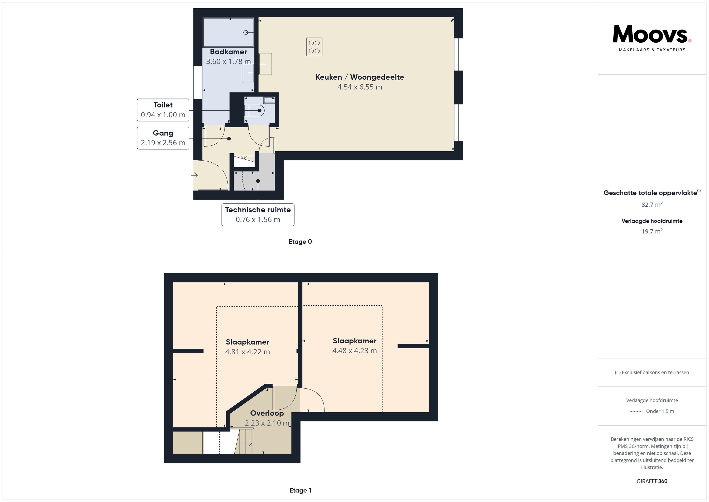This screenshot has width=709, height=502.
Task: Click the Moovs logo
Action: click(x=652, y=38)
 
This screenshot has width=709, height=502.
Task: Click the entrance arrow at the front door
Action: click(x=194, y=175)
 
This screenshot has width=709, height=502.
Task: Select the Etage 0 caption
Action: click(x=300, y=242)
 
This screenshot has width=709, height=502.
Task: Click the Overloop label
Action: click(x=267, y=413)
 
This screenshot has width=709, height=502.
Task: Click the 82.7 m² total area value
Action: click(x=652, y=205)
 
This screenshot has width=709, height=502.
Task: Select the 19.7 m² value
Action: click(x=652, y=231)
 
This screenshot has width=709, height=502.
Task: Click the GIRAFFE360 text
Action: click(x=652, y=481)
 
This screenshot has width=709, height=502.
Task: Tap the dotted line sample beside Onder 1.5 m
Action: click(x=636, y=411)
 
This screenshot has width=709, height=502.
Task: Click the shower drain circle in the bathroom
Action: click(x=246, y=33)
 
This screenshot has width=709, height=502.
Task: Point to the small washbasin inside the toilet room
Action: click(x=269, y=100)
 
